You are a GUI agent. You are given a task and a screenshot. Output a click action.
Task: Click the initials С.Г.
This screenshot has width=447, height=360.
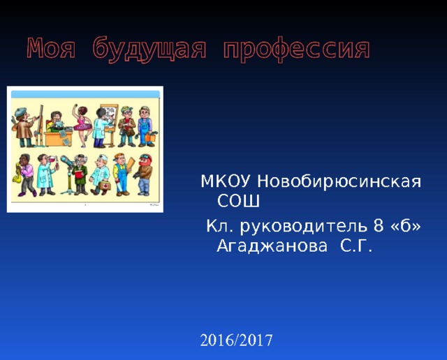356,246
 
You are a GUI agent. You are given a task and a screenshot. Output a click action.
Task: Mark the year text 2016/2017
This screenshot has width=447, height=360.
236,340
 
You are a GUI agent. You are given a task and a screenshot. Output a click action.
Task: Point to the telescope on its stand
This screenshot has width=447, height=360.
68,167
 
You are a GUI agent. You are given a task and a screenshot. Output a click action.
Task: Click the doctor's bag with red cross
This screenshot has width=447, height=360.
102,186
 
